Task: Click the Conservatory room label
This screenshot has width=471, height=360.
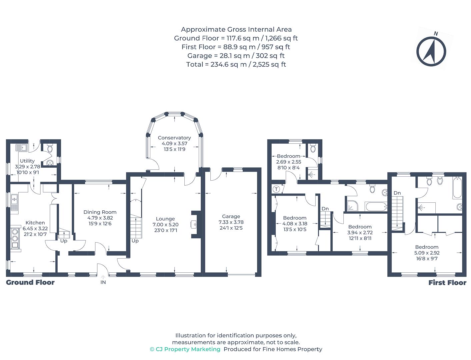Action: tap(174, 138)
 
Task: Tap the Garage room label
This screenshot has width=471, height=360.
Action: tap(231, 216)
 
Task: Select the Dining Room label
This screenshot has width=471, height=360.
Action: tap(100, 212)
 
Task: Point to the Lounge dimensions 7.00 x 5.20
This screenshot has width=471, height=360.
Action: tap(165, 224)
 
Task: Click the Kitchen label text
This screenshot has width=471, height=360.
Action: tap(35, 222)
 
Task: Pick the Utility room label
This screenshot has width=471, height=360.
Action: tap(27, 161)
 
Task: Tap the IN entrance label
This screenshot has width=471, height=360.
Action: tap(103, 282)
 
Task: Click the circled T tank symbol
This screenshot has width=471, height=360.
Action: tap(276, 189)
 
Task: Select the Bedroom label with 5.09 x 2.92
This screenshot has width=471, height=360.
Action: tap(427, 247)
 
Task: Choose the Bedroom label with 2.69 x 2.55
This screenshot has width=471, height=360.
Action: tap(288, 156)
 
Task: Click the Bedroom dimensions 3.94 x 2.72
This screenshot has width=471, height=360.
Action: tap(360, 232)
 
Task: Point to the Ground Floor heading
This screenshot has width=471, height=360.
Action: tap(30, 282)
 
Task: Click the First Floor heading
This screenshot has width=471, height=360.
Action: tap(447, 283)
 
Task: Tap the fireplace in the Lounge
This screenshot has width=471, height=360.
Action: tap(196, 224)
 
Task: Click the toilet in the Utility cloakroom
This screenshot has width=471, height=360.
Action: tap(50, 148)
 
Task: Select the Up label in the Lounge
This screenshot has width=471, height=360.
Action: tap(135, 241)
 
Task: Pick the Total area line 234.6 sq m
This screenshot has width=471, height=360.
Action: tap(236, 64)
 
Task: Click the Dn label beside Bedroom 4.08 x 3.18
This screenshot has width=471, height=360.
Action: tap(325, 209)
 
